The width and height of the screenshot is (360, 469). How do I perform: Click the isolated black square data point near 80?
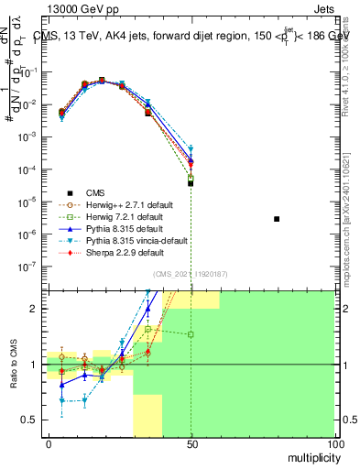[277, 219]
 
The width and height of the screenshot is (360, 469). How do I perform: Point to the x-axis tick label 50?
[191, 443]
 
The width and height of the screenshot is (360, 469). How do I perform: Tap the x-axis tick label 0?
[49, 443]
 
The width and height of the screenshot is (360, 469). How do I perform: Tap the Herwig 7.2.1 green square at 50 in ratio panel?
[191, 334]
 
